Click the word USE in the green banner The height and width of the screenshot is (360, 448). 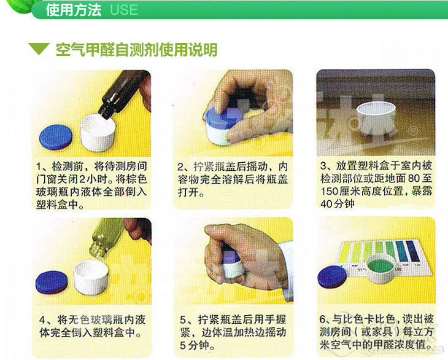124,10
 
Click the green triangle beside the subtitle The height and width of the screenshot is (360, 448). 39,49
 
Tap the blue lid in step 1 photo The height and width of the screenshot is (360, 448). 56,137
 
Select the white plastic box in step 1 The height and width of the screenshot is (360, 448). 98,133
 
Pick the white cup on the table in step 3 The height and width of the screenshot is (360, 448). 376,118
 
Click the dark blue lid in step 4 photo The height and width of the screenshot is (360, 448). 52,283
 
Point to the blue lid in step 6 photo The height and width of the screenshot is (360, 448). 332,276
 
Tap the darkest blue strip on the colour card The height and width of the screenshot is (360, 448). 411,251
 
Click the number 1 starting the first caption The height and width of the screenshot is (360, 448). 39,166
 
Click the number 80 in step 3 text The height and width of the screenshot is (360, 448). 414,178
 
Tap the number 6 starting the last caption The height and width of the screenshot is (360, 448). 323,319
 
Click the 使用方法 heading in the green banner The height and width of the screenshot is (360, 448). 74,10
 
